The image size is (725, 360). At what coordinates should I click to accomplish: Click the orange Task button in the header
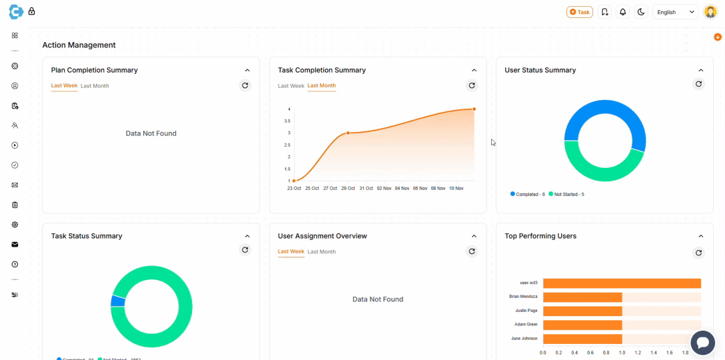tap(579, 12)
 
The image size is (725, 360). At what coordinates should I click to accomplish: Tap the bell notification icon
tap(623, 12)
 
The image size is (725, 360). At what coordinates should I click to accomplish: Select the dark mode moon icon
tap(641, 12)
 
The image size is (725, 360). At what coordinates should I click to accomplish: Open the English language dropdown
tap(675, 12)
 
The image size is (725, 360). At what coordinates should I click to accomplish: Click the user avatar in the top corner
tap(710, 12)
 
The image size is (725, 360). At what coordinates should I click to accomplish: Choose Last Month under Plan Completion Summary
tap(95, 86)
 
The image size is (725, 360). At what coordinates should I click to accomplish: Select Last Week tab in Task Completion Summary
tap(291, 86)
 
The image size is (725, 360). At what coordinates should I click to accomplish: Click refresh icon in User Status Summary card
tap(698, 84)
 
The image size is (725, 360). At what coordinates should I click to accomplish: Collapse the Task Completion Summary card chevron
tap(474, 70)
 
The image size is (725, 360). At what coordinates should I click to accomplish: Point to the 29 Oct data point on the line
tap(348, 133)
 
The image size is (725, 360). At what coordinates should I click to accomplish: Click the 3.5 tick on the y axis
tap(288, 121)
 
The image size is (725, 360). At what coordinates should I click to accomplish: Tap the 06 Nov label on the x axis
tap(420, 189)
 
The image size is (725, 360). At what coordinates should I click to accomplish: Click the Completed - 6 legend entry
tap(528, 195)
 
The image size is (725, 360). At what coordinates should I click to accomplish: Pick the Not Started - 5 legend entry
tap(566, 195)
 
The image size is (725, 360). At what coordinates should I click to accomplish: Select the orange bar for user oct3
tap(622, 283)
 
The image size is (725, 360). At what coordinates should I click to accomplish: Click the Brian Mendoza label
tap(523, 297)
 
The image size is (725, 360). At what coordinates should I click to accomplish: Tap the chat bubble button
tap(702, 343)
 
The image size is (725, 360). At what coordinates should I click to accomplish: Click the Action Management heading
tap(79, 45)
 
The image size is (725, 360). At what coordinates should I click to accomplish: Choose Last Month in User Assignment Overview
tap(321, 252)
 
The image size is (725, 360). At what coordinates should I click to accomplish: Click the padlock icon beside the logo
tap(31, 11)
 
